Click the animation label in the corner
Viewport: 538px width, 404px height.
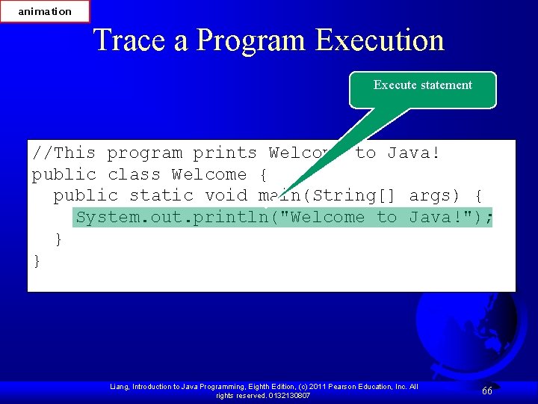[45, 11]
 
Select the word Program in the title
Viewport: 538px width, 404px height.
[250, 40]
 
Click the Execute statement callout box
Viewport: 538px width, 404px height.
[422, 86]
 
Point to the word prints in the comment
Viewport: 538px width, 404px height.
[225, 153]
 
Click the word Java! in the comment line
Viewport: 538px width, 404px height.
[413, 153]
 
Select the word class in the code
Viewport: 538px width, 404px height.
[134, 175]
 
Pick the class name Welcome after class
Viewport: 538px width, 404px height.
[208, 175]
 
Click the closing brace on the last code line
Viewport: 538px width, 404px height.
[37, 260]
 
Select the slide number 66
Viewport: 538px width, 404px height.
[487, 391]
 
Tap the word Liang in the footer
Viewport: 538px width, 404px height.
[120, 386]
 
